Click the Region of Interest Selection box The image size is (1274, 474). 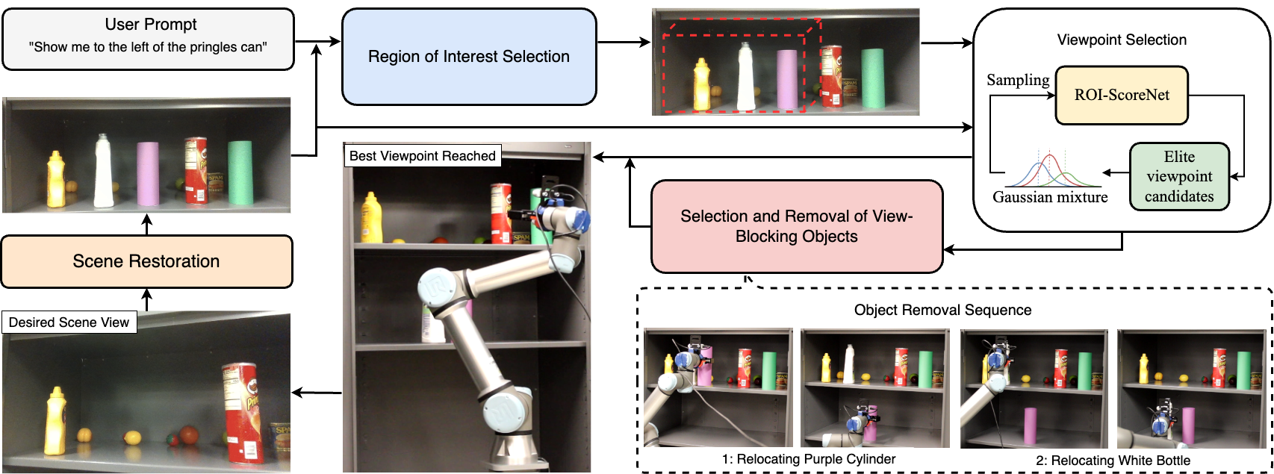pyautogui.click(x=469, y=57)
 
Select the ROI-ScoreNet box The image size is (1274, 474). pyautogui.click(x=1121, y=96)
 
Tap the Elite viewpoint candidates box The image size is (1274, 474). pyautogui.click(x=1178, y=177)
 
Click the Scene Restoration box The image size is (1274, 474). pyautogui.click(x=146, y=261)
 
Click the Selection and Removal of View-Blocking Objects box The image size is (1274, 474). pyautogui.click(x=796, y=226)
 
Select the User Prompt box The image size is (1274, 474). pyautogui.click(x=148, y=39)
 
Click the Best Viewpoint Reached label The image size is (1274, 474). pyautogui.click(x=422, y=156)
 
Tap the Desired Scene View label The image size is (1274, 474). pyautogui.click(x=69, y=322)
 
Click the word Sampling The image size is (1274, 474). pyautogui.click(x=1017, y=81)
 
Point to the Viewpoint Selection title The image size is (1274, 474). pyautogui.click(x=1121, y=40)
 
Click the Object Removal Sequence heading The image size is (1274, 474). pyautogui.click(x=942, y=310)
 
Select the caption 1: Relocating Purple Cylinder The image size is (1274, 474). pyautogui.click(x=808, y=459)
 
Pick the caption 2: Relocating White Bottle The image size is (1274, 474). pyautogui.click(x=1113, y=461)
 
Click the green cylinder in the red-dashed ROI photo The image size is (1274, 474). pyautogui.click(x=871, y=78)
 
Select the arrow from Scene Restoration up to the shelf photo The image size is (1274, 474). pyautogui.click(x=147, y=224)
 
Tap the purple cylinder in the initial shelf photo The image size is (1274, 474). pyautogui.click(x=148, y=174)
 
